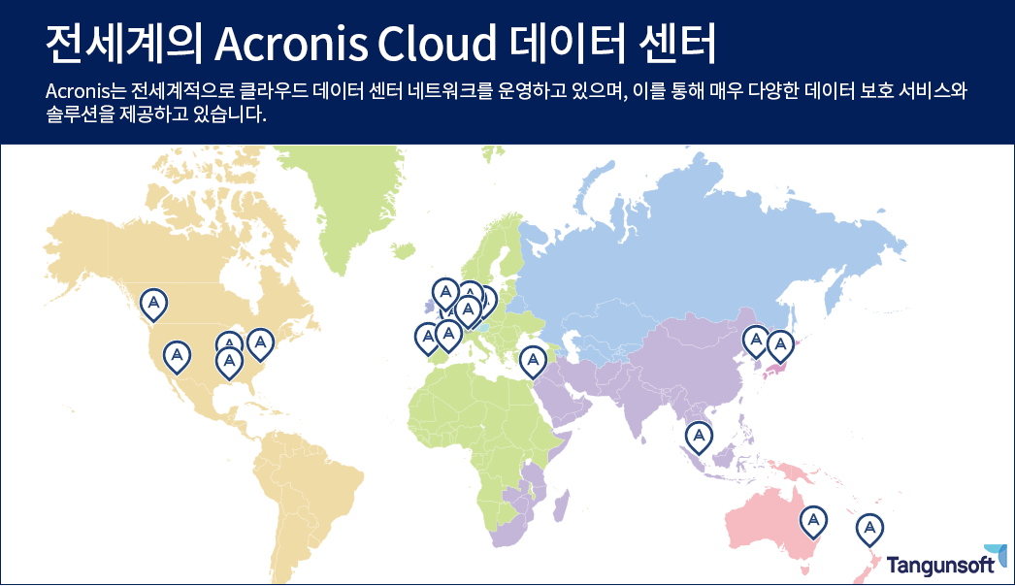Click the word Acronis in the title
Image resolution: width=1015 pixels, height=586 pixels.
[290, 44]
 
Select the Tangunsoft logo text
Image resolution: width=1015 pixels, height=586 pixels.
[940, 565]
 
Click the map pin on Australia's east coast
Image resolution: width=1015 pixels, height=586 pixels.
[813, 522]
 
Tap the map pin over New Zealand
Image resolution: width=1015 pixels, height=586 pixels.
[869, 530]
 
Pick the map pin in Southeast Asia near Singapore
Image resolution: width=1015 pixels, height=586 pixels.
[699, 437]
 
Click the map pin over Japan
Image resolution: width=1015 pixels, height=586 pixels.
[780, 346]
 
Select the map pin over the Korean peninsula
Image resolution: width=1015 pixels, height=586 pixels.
[755, 342]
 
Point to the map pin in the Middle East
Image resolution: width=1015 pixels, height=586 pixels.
[533, 361]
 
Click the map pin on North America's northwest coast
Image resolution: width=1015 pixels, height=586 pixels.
[153, 305]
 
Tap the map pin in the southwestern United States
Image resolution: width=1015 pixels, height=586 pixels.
[177, 357]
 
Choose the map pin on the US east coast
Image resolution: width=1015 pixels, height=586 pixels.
[260, 343]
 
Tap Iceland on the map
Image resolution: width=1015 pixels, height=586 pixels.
[403, 250]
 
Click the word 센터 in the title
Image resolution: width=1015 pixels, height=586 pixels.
[677, 44]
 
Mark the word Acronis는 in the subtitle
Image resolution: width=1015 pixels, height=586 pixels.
[83, 91]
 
